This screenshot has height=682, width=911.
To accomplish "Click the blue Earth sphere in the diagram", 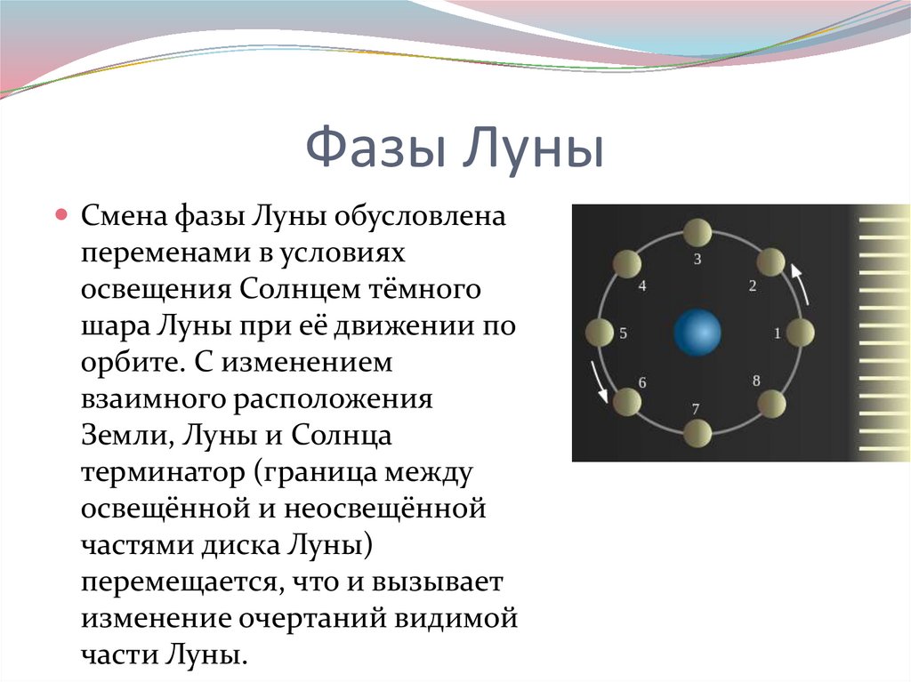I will click(697, 333).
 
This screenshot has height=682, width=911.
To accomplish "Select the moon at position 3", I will click(697, 233).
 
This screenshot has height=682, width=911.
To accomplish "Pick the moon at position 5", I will click(600, 333).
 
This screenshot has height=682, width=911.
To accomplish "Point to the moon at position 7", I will click(697, 434).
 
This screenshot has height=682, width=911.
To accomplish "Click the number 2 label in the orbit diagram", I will click(752, 286).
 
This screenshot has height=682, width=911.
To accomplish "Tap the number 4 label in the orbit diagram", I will click(641, 286).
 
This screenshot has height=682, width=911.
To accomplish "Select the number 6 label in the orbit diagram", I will click(641, 382).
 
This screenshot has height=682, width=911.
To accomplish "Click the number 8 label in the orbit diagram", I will click(756, 381).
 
